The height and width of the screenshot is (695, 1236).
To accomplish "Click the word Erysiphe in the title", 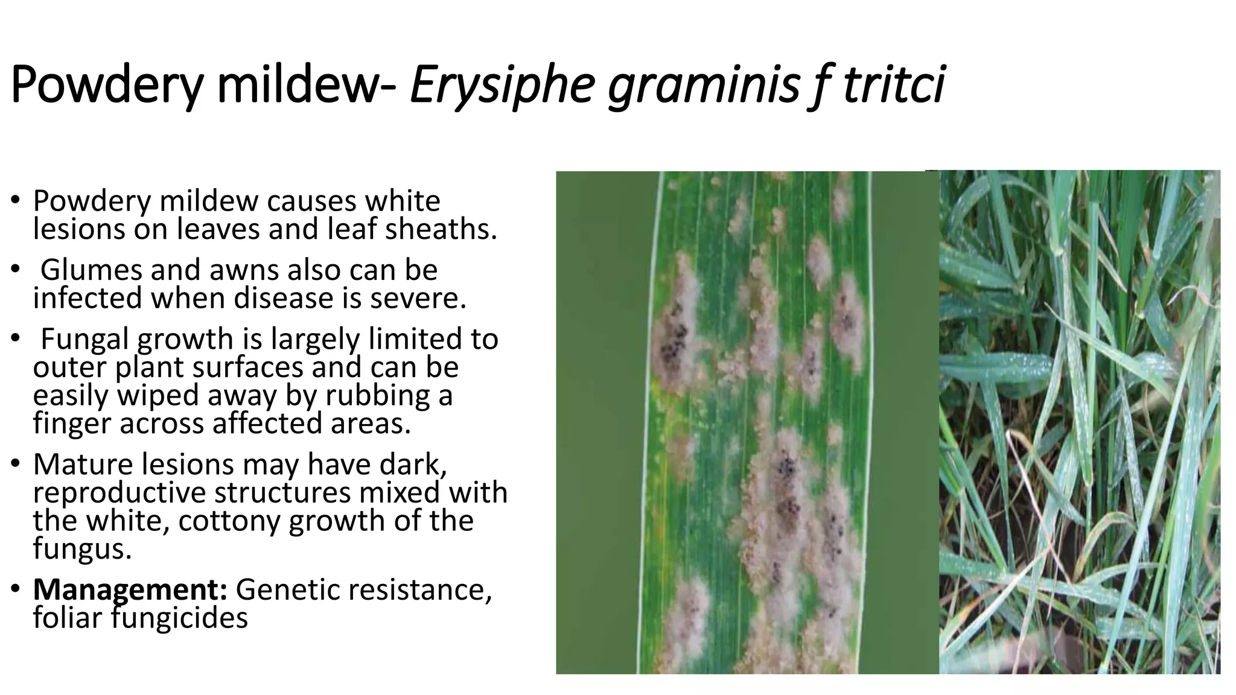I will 502,85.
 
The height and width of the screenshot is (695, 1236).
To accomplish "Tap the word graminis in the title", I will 703,85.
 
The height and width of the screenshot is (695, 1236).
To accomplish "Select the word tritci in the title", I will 893,85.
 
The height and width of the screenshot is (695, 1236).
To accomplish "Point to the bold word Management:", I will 130,589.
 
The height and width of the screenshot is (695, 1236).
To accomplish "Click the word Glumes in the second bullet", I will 91,270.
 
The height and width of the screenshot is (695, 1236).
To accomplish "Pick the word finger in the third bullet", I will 72,424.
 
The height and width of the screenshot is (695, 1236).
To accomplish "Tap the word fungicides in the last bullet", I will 180,618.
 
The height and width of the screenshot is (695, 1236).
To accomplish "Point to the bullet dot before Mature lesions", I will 16,465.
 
